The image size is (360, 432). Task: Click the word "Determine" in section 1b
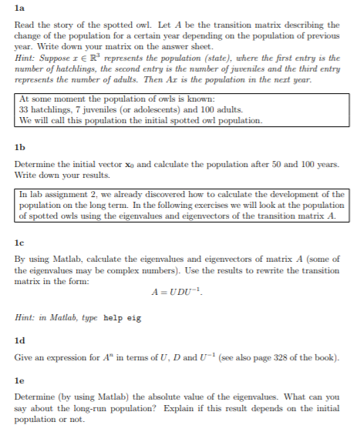tap(35, 163)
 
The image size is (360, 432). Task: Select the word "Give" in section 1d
tap(24, 358)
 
